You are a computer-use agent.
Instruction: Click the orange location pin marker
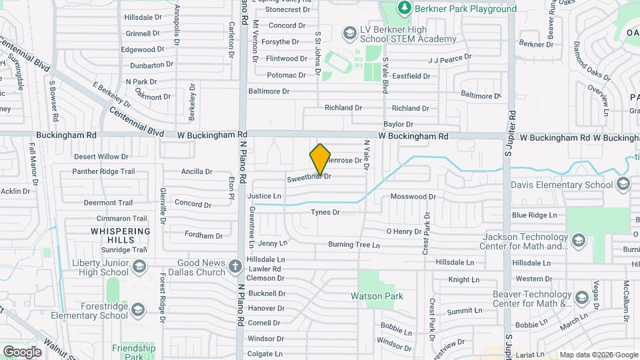click(320, 159)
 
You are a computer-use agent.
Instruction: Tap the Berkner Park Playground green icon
click(403, 8)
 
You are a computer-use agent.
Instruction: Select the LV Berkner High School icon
click(349, 33)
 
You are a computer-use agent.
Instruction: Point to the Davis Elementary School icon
click(623, 184)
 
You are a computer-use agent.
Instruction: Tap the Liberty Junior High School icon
click(139, 267)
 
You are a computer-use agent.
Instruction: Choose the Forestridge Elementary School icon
click(138, 309)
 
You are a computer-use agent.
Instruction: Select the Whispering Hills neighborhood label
click(121, 235)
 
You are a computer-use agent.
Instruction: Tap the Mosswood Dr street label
click(413, 197)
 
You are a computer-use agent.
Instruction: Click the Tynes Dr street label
click(325, 212)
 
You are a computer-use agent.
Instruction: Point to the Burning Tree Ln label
click(353, 245)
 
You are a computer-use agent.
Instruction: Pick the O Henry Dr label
click(403, 231)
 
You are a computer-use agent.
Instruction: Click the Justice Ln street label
click(264, 196)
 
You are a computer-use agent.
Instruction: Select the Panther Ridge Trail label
click(103, 171)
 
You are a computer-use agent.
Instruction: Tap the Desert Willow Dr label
click(101, 157)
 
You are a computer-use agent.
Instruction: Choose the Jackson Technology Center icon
click(578, 240)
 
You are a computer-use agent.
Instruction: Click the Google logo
click(22, 351)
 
